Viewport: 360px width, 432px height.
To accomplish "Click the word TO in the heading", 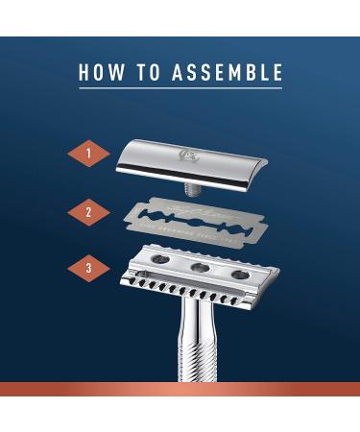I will tap(146, 72).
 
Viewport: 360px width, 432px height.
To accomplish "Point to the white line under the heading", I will tap(180, 89).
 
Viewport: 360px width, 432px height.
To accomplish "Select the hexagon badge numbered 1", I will tap(87, 152).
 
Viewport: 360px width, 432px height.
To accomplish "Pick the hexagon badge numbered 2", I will tap(87, 211).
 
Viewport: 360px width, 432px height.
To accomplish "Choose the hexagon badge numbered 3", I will tap(87, 269).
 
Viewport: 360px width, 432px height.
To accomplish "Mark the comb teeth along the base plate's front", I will tap(192, 294).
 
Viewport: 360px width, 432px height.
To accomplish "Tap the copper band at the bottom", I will tap(180, 389).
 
